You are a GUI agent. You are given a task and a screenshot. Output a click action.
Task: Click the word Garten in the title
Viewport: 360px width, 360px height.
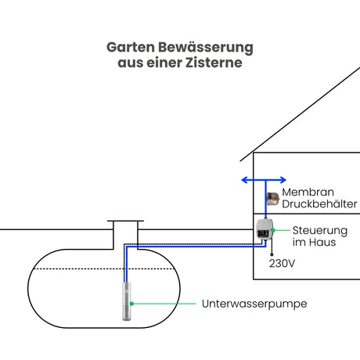click(131, 48)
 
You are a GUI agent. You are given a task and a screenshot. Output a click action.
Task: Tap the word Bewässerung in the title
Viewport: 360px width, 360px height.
click(206, 48)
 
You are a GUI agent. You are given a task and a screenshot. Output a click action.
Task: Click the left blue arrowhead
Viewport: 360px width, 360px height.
click(244, 180)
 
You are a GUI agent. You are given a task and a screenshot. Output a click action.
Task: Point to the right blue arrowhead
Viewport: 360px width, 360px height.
click(283, 180)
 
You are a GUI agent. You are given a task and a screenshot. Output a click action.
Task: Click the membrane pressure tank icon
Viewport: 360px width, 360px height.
click(273, 199)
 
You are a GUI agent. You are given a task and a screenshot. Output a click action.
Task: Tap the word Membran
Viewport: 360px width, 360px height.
click(308, 192)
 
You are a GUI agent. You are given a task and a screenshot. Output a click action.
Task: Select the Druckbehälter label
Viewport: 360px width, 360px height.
click(319, 203)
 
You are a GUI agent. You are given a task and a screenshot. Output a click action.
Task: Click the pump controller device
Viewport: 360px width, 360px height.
click(265, 229)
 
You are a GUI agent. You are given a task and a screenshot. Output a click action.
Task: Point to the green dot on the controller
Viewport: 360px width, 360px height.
click(273, 230)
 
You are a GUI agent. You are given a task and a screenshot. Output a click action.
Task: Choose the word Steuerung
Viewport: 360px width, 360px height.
click(320, 231)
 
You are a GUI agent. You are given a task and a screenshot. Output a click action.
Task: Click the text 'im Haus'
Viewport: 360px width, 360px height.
click(314, 243)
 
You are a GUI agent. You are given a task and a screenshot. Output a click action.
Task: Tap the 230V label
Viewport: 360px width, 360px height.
click(282, 264)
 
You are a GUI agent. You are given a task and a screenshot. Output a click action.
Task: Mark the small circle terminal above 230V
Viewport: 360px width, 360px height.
click(272, 254)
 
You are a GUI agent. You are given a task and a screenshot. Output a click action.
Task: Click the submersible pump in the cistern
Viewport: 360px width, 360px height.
click(127, 301)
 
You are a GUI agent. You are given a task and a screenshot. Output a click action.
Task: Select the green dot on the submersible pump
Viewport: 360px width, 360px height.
click(131, 304)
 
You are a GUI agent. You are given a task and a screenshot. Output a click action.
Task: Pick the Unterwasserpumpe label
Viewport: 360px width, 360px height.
click(254, 304)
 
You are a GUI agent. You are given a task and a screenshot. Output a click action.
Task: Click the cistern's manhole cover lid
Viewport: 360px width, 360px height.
click(125, 221)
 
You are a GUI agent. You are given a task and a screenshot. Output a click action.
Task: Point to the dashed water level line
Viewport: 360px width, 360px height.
click(104, 268)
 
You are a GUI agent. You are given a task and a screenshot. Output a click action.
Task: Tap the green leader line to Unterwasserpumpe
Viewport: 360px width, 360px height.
click(164, 304)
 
